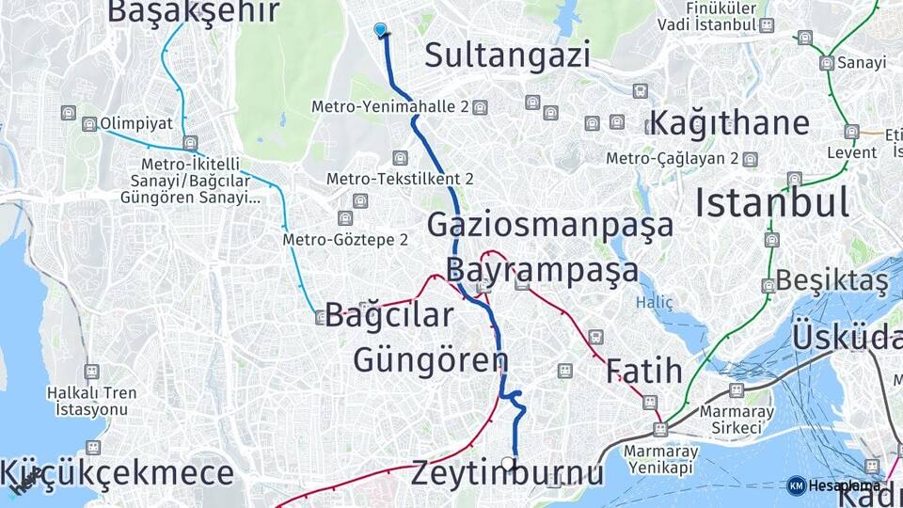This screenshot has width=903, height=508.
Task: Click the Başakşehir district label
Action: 194,11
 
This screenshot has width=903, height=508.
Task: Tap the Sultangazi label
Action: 507,55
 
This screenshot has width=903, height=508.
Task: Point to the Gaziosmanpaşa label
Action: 550,225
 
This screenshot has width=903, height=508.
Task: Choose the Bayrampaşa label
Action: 542,269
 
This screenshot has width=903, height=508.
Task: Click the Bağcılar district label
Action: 389,315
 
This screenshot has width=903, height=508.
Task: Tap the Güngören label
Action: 431,359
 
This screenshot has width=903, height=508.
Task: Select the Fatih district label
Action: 644,371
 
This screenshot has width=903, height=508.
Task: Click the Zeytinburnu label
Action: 507,473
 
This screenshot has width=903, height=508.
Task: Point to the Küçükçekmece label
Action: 118,473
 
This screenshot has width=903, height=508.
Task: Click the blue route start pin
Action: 381,30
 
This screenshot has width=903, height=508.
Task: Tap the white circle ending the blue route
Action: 508,463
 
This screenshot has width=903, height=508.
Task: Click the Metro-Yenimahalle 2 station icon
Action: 480,107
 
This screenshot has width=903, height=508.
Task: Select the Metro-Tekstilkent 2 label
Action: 400,179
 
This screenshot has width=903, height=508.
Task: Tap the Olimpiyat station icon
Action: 89,124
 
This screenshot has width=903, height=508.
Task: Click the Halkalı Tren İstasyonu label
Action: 90,401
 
